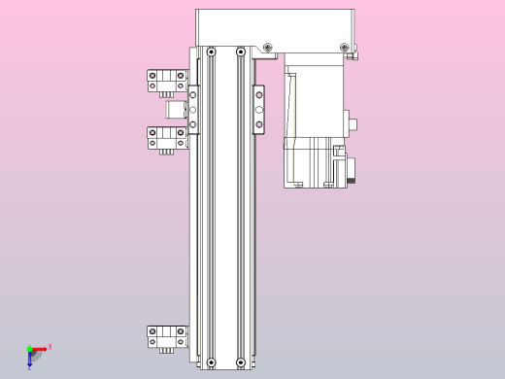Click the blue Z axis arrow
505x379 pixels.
(x=30, y=361)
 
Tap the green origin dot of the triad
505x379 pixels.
(x=29, y=348)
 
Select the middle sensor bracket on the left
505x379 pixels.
(x=165, y=138)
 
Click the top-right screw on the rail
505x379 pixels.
(x=240, y=52)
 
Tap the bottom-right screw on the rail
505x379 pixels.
(x=240, y=363)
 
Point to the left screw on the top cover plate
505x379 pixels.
(x=267, y=48)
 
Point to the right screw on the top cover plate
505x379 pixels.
(x=344, y=48)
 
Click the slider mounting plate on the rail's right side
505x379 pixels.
(x=258, y=109)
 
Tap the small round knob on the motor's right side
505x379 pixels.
(x=354, y=123)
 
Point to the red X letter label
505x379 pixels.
(x=50, y=346)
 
